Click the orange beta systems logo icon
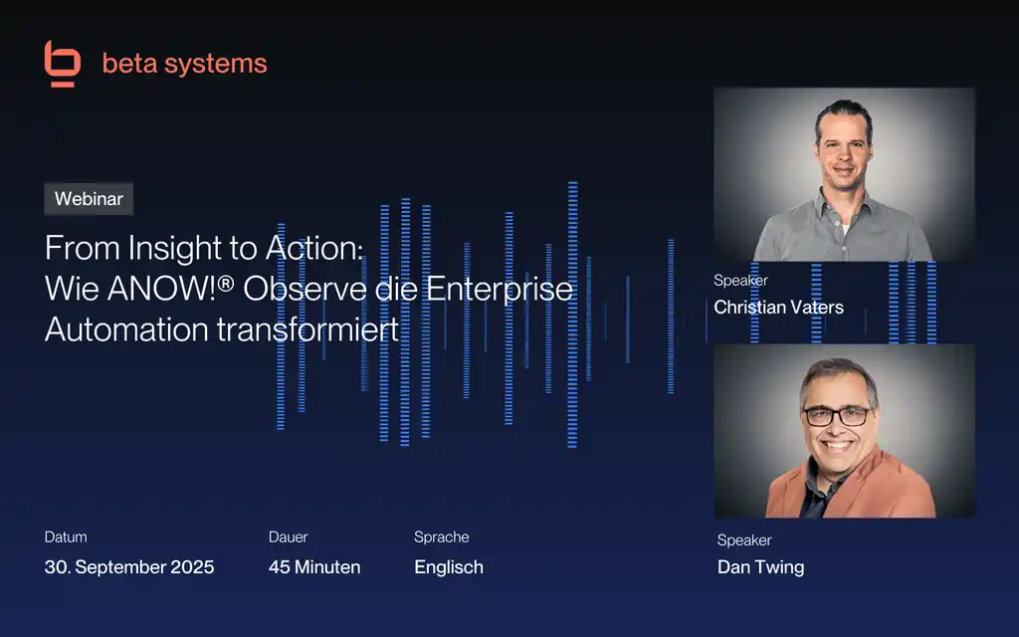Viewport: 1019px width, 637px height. pyautogui.click(x=63, y=63)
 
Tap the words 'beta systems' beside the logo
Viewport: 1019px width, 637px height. pyautogui.click(x=184, y=64)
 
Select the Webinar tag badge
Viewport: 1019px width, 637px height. pyautogui.click(x=89, y=199)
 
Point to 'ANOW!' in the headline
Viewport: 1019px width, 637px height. pyautogui.click(x=162, y=289)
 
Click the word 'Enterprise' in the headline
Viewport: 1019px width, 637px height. pyautogui.click(x=500, y=290)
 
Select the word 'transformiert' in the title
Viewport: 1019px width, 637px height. pyautogui.click(x=307, y=328)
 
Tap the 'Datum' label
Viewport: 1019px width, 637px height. pyautogui.click(x=66, y=537)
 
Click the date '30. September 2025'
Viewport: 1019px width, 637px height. pyautogui.click(x=129, y=566)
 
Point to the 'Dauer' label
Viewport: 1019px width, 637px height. pyautogui.click(x=288, y=537)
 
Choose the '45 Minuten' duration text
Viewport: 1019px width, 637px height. pyautogui.click(x=314, y=566)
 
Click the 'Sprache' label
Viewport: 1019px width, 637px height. pyautogui.click(x=441, y=537)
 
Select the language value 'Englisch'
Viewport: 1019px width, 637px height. pyautogui.click(x=449, y=567)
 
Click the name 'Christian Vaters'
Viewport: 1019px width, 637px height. pyautogui.click(x=778, y=308)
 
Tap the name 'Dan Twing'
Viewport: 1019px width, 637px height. pyautogui.click(x=760, y=567)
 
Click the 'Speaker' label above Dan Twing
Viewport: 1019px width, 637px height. pyautogui.click(x=744, y=540)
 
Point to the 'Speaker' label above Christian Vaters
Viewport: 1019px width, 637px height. pyautogui.click(x=740, y=281)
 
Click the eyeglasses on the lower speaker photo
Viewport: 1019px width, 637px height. pyautogui.click(x=837, y=416)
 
